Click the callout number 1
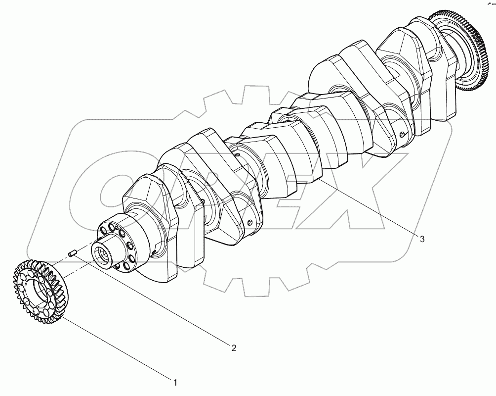(174, 382)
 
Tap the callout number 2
(234, 348)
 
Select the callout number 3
(422, 239)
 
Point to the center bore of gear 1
(37, 291)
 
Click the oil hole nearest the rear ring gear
(402, 134)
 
